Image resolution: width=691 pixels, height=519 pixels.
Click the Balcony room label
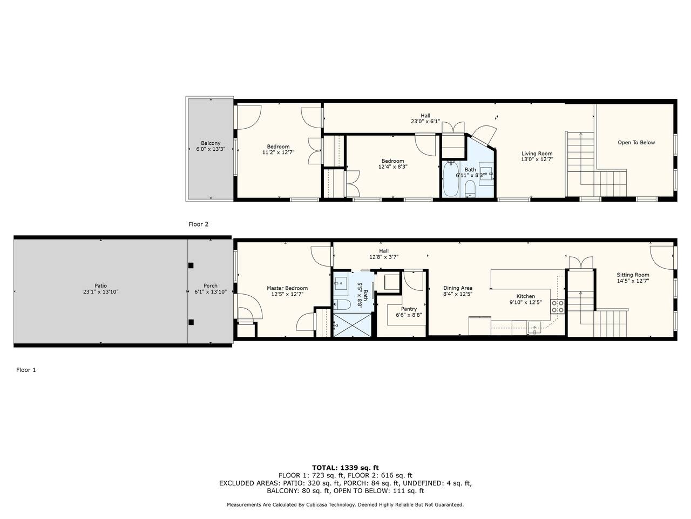211,143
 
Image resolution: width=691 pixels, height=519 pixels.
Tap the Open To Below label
636,142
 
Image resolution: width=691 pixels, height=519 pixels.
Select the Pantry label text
409,309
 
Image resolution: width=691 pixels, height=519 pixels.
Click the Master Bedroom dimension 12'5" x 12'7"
287,294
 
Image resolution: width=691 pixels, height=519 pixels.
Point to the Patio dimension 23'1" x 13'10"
100,291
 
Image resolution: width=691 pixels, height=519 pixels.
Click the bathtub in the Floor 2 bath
451,178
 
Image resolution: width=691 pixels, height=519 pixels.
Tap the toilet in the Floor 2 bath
470,188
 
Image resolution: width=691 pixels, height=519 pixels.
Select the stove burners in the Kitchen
557,307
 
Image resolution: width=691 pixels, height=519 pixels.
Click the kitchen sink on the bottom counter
534,328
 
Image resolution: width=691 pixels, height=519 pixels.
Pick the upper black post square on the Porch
191,265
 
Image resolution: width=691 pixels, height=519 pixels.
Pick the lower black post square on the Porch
191,322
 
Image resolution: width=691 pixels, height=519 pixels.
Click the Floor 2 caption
198,224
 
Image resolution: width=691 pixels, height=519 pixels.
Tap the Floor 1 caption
26,370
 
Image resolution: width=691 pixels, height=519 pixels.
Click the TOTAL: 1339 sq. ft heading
345,468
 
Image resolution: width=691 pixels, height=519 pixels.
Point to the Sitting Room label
633,275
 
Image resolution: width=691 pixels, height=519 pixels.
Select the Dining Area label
458,288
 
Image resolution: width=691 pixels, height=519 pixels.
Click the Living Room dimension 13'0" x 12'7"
537,159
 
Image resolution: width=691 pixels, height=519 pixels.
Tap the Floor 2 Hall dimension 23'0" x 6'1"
425,121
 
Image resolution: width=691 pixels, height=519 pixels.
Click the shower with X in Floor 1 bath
353,325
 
